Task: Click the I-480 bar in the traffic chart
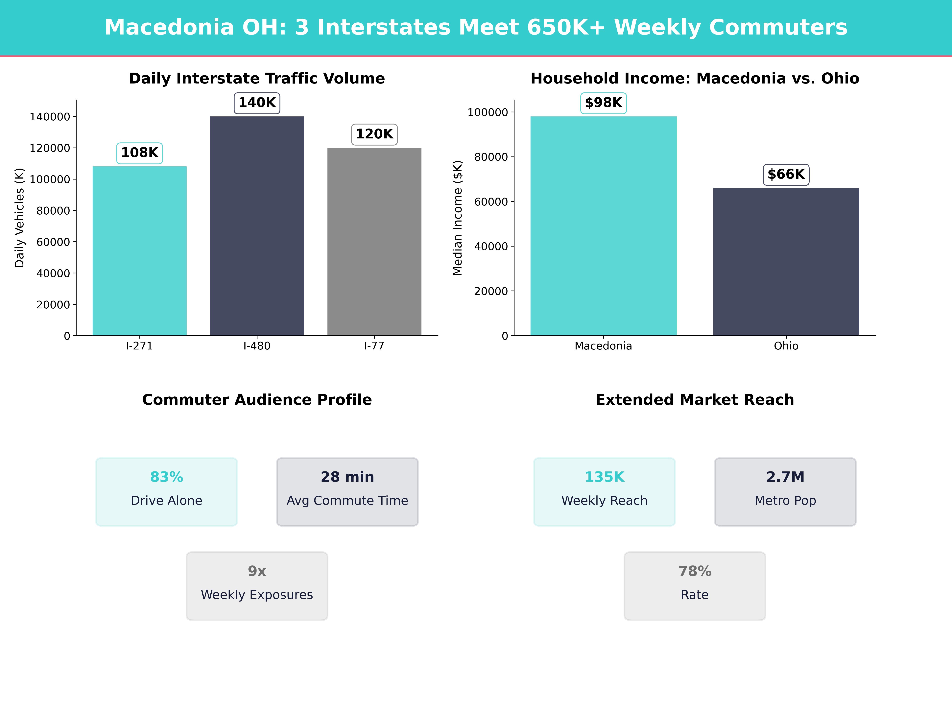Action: (x=257, y=226)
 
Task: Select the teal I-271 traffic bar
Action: (x=139, y=251)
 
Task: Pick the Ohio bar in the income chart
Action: (x=786, y=262)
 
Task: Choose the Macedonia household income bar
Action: (x=603, y=226)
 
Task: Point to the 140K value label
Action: (x=257, y=103)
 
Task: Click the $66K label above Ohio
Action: (x=786, y=174)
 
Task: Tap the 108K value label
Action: (x=139, y=153)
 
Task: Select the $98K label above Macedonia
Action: (x=603, y=103)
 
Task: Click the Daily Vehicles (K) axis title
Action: (x=19, y=218)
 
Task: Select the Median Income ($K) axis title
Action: (x=458, y=218)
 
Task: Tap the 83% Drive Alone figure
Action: (x=167, y=477)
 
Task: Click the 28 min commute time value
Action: (x=347, y=477)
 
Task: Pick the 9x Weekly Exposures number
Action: (x=257, y=571)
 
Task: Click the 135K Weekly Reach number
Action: (x=604, y=477)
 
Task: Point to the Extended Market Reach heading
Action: (x=695, y=400)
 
